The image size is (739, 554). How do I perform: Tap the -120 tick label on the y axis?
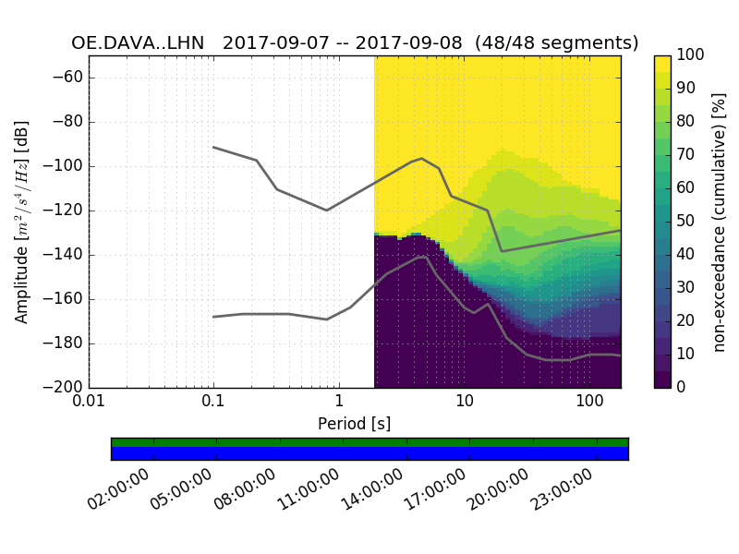[x=65, y=211]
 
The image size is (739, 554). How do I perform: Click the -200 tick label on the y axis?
[x=65, y=388]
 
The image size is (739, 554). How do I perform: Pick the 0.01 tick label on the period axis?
[x=89, y=403]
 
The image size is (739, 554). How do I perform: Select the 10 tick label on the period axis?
[x=464, y=403]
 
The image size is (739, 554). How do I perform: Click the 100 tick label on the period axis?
[x=589, y=403]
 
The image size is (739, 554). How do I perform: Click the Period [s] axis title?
[x=355, y=424]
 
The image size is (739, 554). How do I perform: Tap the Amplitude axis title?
[x=22, y=222]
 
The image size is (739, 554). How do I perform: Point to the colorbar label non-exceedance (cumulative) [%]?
[x=721, y=222]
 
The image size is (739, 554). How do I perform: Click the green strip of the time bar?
[x=369, y=441]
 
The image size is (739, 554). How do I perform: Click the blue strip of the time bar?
[x=369, y=452]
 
